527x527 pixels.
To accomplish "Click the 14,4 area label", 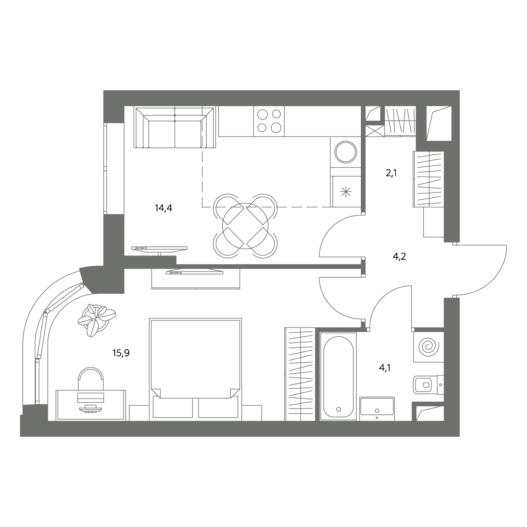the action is pos(163,208).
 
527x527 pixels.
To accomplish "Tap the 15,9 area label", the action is pos(121,353).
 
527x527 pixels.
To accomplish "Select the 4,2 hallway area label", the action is pos(399,257).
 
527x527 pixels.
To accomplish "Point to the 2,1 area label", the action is pos(391,173).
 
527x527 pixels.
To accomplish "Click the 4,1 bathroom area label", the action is pos(385,368).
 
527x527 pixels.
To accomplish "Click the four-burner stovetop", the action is pos(269,121).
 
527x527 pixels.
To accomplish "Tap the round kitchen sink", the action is pos(346,152).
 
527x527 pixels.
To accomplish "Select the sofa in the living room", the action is pos(175,127).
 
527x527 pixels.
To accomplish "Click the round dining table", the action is pos(245,226).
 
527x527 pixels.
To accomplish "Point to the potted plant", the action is pos(96,320).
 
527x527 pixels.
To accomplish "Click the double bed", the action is pos(195,369).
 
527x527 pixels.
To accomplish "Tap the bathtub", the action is pos(338,376).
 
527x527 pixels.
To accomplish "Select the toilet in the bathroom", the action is pos(428,385).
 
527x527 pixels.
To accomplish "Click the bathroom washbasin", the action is pos(377,409).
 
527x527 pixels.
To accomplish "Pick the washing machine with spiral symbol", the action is pos(428,347).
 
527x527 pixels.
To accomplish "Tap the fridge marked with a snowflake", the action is pos(346,191).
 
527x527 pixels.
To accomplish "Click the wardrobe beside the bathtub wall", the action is pos(300,374).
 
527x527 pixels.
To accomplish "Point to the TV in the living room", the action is pos(159,249).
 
